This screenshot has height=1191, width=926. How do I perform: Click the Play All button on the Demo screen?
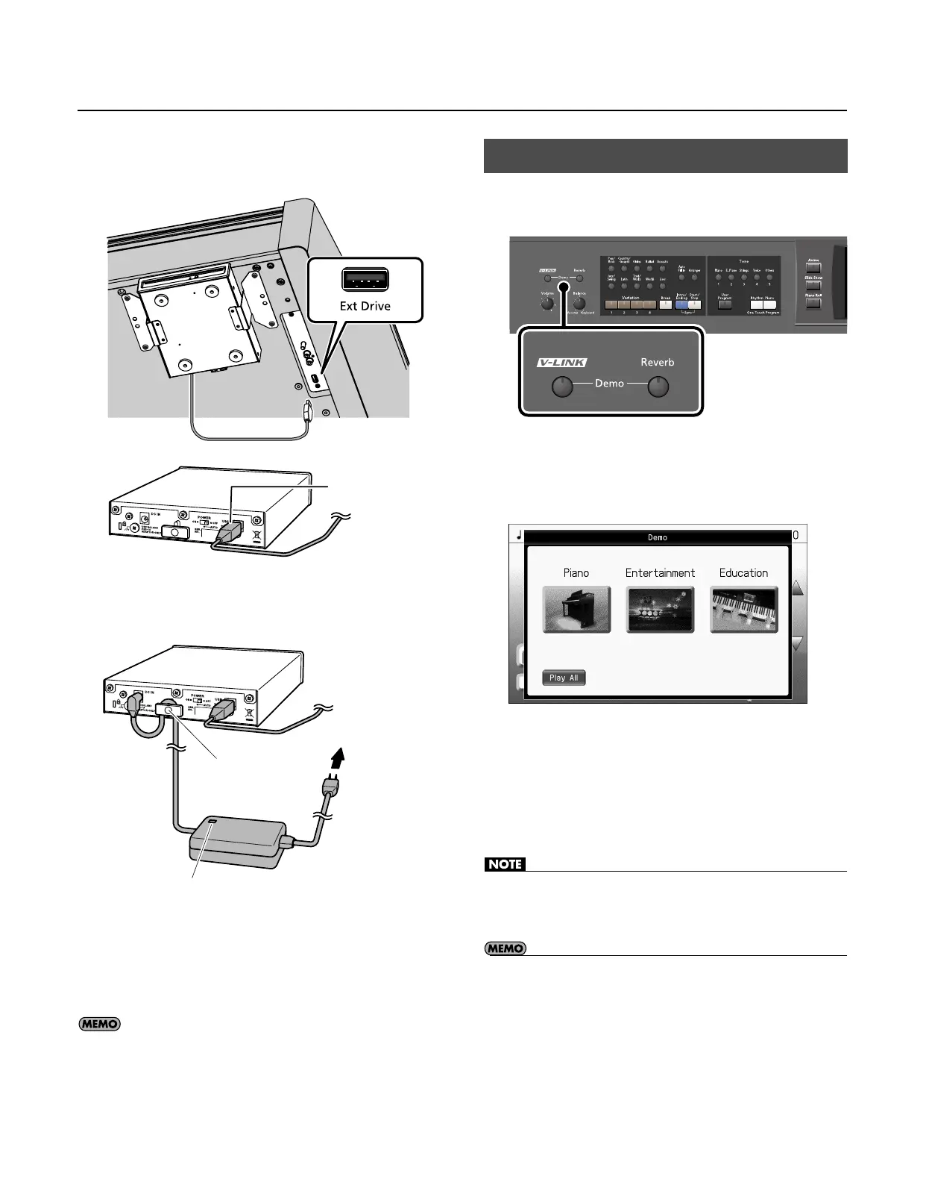[x=563, y=678]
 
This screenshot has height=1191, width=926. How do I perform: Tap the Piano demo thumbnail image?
[x=576, y=610]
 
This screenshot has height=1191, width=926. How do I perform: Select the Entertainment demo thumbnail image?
[x=660, y=610]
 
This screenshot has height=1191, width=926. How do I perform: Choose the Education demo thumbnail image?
[x=743, y=610]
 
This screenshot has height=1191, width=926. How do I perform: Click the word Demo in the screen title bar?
[x=657, y=537]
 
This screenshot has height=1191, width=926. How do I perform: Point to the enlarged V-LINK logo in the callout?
[x=562, y=363]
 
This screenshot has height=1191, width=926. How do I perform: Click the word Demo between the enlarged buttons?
[x=609, y=384]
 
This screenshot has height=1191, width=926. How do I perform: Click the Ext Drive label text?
[x=365, y=306]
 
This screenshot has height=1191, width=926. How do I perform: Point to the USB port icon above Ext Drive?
[x=365, y=279]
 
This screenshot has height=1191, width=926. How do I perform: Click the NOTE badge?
[x=505, y=864]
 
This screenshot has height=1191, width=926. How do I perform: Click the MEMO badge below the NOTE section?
[x=505, y=948]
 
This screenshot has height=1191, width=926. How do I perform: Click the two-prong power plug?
[x=329, y=787]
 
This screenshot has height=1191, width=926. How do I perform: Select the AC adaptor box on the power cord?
[x=238, y=840]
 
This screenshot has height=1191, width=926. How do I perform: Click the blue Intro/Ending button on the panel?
[x=681, y=304]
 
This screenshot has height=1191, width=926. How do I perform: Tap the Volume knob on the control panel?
[x=547, y=306]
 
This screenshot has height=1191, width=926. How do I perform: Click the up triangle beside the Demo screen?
[x=797, y=588]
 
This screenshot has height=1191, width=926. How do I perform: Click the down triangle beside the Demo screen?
[x=797, y=643]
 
